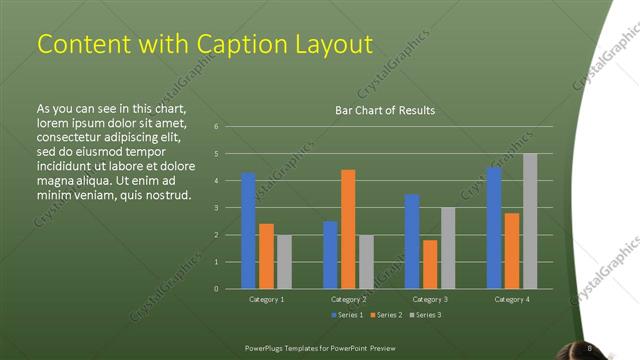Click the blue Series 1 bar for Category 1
(x=248, y=231)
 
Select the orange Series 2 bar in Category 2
(x=348, y=229)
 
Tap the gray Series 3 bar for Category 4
(x=530, y=221)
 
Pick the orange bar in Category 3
(x=430, y=264)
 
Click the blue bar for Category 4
(x=494, y=228)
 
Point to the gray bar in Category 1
(x=284, y=262)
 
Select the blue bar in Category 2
(x=330, y=255)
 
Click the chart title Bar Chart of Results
(x=385, y=110)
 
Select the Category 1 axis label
(x=266, y=299)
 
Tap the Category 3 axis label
(x=430, y=299)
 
